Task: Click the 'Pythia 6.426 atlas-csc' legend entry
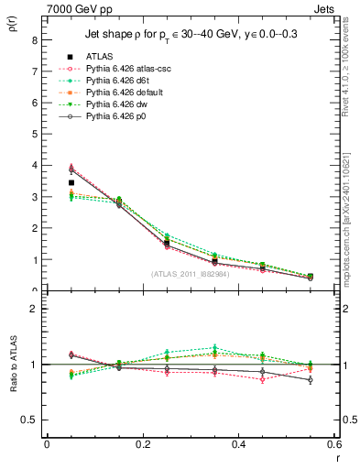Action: point(123,69)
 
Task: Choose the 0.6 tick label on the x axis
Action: point(334,444)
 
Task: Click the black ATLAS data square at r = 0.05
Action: point(71,183)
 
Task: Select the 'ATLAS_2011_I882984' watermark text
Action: point(190,274)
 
